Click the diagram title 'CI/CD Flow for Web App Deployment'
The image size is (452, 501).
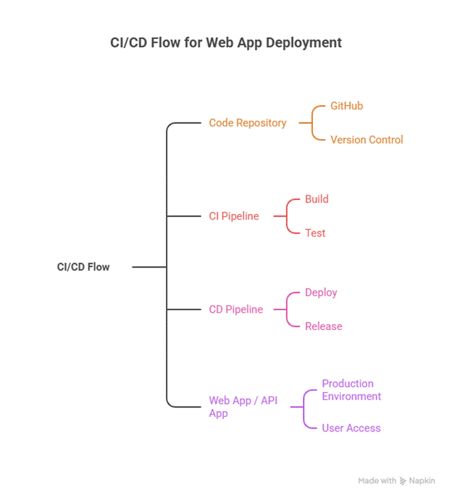[x=225, y=43]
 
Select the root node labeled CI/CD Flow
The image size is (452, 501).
[x=83, y=267]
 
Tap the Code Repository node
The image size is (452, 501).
[x=248, y=123]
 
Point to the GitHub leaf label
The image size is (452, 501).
[x=346, y=106]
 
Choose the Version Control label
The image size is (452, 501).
[x=367, y=139]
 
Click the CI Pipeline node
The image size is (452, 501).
[x=234, y=216]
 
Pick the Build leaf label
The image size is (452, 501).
[x=317, y=199]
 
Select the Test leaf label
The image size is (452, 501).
[x=315, y=233]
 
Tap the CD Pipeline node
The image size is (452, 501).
[x=236, y=310]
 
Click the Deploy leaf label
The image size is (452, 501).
[x=321, y=292]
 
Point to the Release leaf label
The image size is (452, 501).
[x=323, y=326]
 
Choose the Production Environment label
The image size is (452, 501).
[x=351, y=390]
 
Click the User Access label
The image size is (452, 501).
[x=351, y=428]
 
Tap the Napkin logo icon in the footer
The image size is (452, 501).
[x=403, y=481]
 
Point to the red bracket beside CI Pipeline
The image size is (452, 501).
[x=286, y=216]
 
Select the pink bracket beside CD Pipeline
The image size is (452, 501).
[x=286, y=310]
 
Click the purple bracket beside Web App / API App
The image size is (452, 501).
[x=304, y=407]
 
